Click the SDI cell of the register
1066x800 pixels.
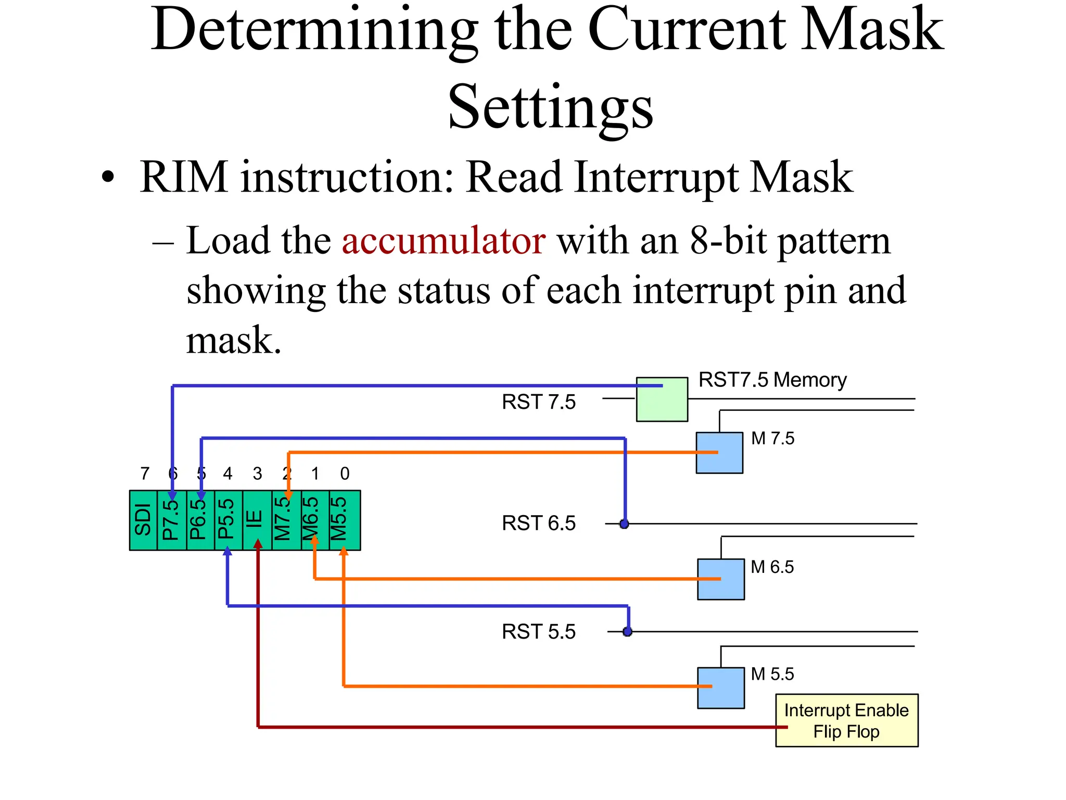click(143, 520)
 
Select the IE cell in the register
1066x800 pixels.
click(257, 520)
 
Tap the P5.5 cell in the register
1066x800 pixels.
click(228, 520)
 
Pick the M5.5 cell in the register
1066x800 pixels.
click(344, 520)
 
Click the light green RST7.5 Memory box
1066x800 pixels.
click(662, 399)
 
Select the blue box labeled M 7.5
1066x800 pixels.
click(719, 453)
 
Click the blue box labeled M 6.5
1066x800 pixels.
click(720, 579)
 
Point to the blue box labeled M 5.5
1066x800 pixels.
click(720, 687)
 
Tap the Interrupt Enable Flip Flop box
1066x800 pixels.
click(846, 720)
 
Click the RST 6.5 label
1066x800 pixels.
click(539, 523)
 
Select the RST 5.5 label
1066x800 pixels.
click(539, 632)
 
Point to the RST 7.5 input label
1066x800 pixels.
click(539, 402)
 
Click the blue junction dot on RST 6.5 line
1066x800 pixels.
click(624, 524)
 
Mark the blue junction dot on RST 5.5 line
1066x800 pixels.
click(628, 632)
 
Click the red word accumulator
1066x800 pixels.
click(443, 241)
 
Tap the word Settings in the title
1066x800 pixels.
click(550, 107)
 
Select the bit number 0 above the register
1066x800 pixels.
click(345, 473)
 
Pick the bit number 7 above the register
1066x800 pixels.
click(145, 473)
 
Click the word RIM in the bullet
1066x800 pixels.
click(184, 177)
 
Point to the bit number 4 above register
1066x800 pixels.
click(227, 473)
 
